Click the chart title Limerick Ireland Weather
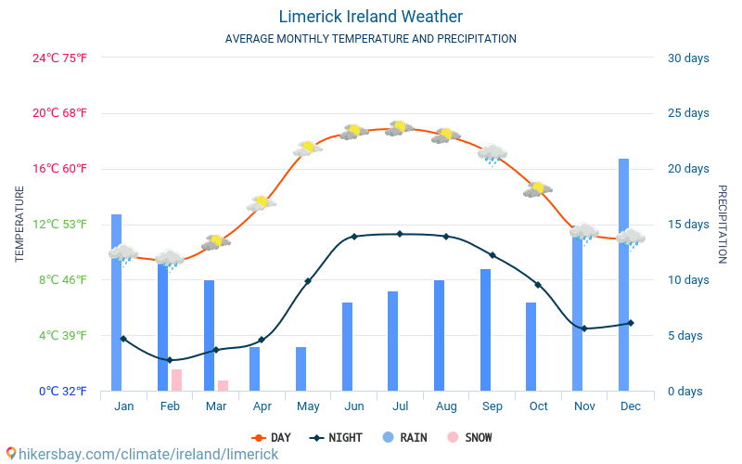point(370,17)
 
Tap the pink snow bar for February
point(176,380)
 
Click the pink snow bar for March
point(223,385)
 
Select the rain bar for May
point(301,368)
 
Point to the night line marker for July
point(400,234)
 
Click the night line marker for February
point(170,360)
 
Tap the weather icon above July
point(400,128)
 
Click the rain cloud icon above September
point(492,154)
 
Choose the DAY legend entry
point(272,437)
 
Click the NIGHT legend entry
point(338,437)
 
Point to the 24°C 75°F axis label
point(60,58)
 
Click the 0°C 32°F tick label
point(63,391)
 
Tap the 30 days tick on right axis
point(688,58)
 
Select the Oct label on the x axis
point(538,406)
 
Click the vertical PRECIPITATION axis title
point(722,224)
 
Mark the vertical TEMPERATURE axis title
point(19,224)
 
